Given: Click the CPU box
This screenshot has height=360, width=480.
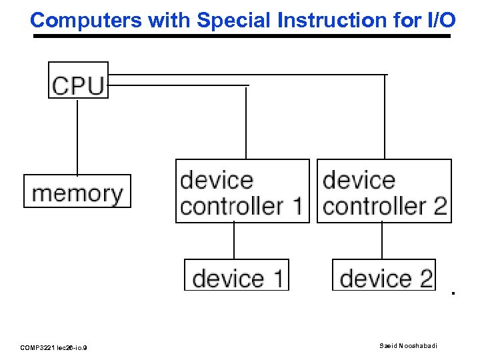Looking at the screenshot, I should click(78, 81).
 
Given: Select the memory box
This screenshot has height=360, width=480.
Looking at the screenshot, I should click(77, 191).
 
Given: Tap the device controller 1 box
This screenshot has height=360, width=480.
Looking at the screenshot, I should click(243, 191).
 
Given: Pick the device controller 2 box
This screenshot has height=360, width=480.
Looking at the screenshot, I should click(384, 191).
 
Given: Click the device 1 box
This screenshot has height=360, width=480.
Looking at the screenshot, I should click(237, 275).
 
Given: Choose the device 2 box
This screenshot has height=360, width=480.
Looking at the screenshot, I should click(384, 275).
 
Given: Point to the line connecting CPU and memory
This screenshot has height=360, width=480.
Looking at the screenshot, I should click(77, 137).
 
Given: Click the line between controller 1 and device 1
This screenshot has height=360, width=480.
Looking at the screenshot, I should click(234, 241).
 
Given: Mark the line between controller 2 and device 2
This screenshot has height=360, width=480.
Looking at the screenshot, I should click(382, 241).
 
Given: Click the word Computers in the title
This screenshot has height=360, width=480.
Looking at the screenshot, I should click(87, 20).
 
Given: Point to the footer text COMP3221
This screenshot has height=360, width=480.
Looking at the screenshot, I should click(40, 347).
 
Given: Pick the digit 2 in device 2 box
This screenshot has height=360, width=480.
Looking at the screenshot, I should click(425, 278).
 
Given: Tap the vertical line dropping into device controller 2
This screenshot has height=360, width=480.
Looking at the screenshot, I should click(385, 117).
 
